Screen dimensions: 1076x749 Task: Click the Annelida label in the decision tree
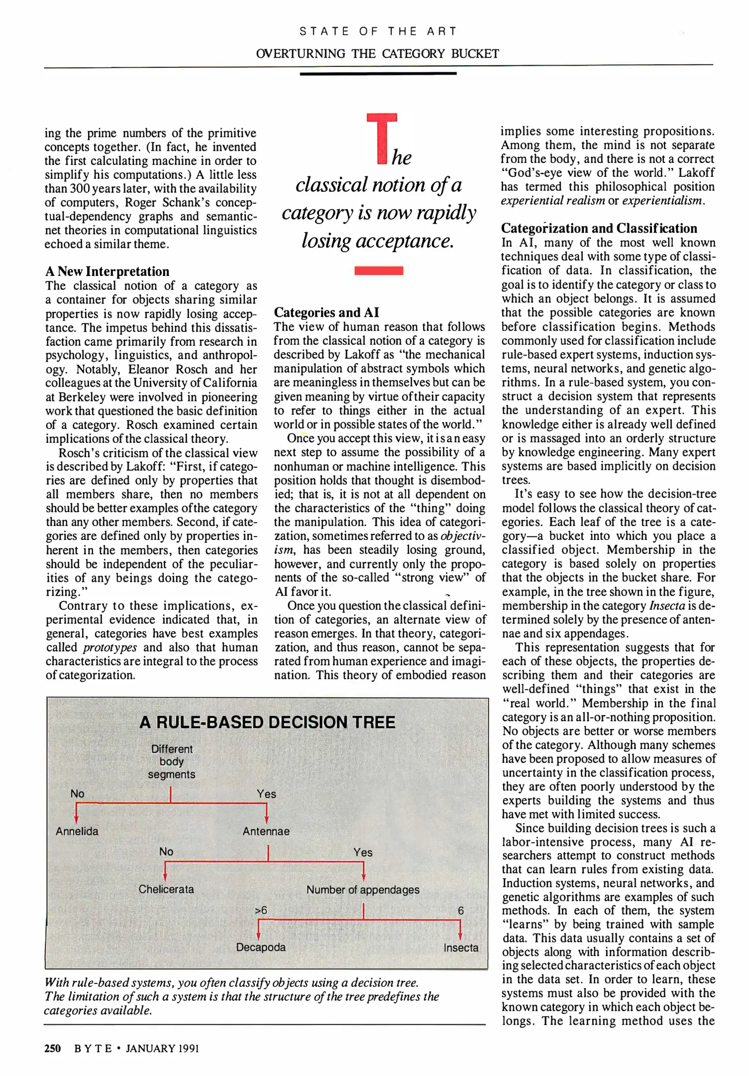point(77,831)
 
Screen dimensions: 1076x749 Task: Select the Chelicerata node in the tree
point(166,889)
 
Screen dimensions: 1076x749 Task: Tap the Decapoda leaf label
point(261,947)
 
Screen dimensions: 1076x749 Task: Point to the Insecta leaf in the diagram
point(461,947)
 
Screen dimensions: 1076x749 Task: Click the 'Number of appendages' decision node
point(363,890)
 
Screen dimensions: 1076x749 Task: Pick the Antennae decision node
point(266,831)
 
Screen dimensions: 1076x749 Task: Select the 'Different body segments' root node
point(172,762)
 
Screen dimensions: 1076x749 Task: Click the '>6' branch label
point(261,910)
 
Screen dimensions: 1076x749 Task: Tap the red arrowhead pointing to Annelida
point(76,819)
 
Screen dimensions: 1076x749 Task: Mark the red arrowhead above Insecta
point(460,936)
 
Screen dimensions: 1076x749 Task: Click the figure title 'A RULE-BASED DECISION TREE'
point(267,722)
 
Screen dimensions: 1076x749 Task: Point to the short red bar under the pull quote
point(379,270)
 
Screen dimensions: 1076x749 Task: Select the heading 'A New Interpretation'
point(107,271)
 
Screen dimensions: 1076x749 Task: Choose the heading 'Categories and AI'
point(326,312)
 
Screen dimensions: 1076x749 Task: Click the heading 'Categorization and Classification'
point(599,228)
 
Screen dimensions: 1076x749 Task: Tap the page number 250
point(52,1049)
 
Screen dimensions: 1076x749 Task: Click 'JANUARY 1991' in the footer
point(162,1049)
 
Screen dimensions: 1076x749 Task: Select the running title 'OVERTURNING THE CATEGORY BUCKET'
point(378,54)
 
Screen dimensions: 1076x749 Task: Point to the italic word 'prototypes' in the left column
point(110,648)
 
